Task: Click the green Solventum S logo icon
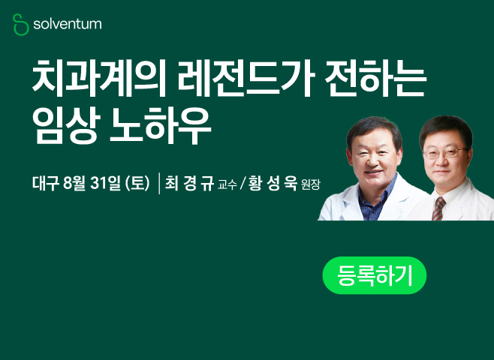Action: click(x=21, y=25)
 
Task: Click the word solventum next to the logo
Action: click(x=68, y=24)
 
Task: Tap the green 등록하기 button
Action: click(x=375, y=275)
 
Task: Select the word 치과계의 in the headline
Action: click(x=99, y=78)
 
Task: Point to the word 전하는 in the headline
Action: click(x=375, y=78)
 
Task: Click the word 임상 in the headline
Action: click(x=66, y=126)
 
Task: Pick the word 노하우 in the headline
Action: click(x=160, y=126)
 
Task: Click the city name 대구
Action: click(x=46, y=183)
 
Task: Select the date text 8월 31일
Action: click(x=92, y=183)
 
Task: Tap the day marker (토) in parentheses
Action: click(x=137, y=183)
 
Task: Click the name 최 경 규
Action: click(x=190, y=183)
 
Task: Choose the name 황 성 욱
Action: click(x=273, y=183)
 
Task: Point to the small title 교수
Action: click(x=227, y=184)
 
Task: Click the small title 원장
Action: click(x=310, y=184)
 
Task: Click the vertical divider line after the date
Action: click(x=159, y=184)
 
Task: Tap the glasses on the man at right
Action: click(x=444, y=153)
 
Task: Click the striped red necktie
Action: click(x=438, y=208)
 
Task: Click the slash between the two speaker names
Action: click(x=242, y=184)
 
